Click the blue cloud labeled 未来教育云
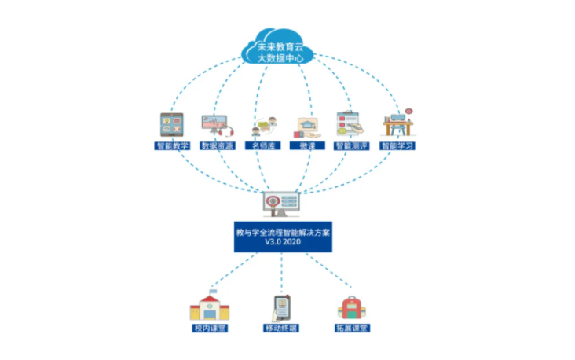(277, 46)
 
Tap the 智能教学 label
(172, 145)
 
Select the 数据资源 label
(217, 145)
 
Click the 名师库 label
(262, 145)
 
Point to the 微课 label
(307, 145)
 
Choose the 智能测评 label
(351, 145)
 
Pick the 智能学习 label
(397, 145)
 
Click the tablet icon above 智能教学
(171, 125)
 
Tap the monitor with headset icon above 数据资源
(217, 126)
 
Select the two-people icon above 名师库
(264, 127)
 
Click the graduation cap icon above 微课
(307, 127)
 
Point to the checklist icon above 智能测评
(350, 123)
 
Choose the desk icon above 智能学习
(398, 122)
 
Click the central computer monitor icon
(281, 204)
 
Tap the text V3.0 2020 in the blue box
(283, 242)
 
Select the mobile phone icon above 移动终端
(281, 308)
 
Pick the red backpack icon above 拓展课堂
(352, 307)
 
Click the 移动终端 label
(281, 328)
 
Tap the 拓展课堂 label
(353, 328)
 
